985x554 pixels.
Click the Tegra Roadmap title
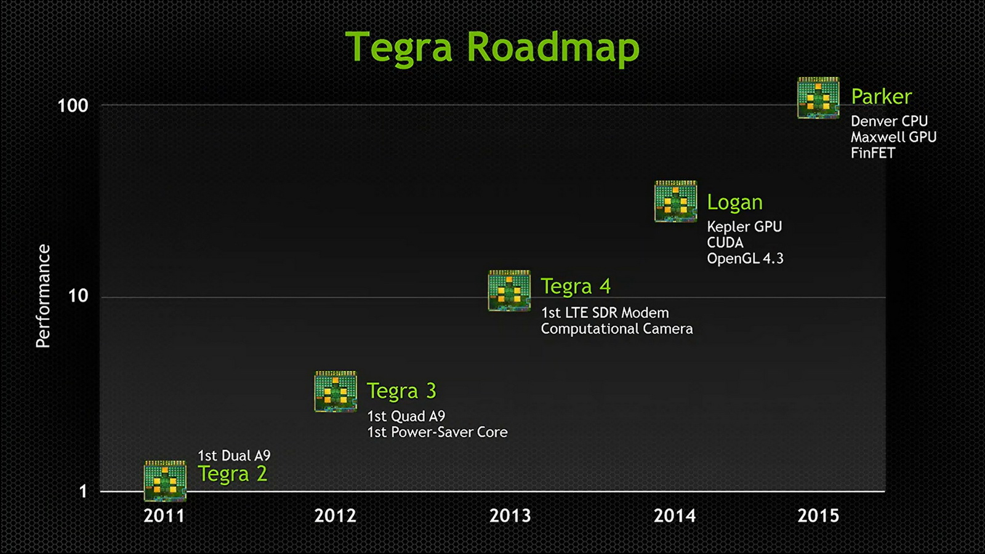tap(492, 49)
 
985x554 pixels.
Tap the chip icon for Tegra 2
tap(166, 481)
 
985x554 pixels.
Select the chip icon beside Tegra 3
tap(336, 391)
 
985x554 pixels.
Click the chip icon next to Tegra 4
tap(509, 291)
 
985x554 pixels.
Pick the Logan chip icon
tap(676, 201)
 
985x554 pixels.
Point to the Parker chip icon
tap(818, 98)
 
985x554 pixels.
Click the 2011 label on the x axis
tap(164, 516)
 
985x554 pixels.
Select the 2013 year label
tap(510, 516)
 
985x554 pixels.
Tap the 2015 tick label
tap(818, 516)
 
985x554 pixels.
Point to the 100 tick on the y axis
tap(73, 105)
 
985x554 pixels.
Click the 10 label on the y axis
tap(78, 296)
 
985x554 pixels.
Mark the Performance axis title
tap(43, 296)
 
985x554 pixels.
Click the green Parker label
tap(881, 97)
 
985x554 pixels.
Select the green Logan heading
tap(735, 203)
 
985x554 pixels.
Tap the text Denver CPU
tap(889, 121)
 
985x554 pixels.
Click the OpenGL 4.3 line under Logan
tap(745, 258)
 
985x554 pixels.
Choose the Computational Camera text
tap(616, 329)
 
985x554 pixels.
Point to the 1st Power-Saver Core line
tap(437, 432)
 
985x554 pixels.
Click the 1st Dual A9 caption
tap(234, 456)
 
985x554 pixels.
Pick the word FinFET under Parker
tap(873, 153)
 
